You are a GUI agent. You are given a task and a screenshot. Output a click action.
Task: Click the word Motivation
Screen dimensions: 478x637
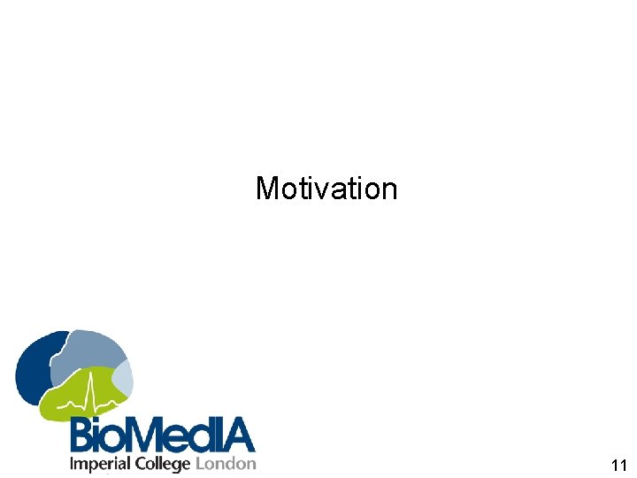pos(326,188)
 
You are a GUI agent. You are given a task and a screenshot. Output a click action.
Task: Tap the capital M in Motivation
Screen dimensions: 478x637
pos(265,188)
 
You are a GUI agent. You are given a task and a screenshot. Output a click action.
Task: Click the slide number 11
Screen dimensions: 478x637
pos(618,466)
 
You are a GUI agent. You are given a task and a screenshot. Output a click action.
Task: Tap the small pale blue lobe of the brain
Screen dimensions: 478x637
pos(123,379)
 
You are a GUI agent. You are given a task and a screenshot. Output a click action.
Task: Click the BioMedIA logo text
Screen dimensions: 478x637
pos(162,436)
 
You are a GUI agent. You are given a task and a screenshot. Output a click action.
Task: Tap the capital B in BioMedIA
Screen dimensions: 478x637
pos(84,436)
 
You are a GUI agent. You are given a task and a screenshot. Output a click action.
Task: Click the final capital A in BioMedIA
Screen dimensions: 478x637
pos(237,436)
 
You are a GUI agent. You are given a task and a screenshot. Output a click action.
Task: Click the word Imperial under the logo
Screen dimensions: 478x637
pos(99,464)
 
